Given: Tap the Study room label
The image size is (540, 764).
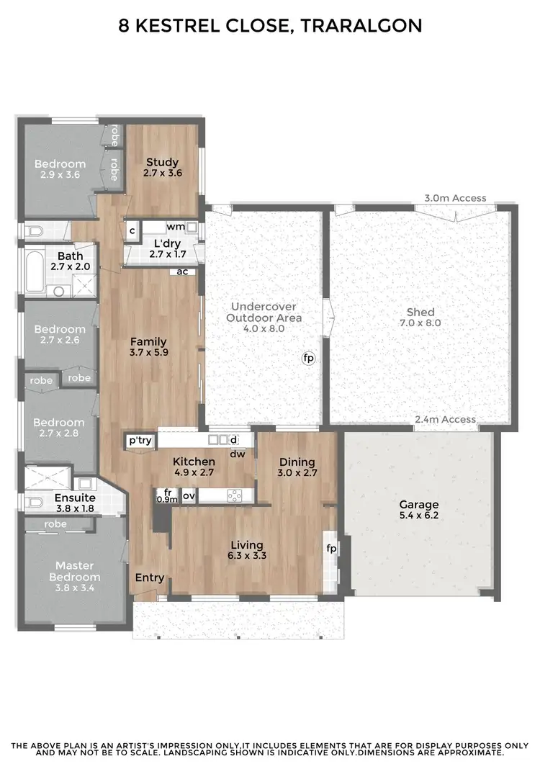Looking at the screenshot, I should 162,162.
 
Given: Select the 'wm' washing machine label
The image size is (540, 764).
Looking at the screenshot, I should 175,227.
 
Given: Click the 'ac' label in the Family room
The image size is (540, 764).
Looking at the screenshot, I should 182,271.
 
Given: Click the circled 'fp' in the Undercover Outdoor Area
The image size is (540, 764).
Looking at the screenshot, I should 309,357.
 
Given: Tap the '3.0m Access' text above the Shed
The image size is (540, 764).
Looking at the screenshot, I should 455,198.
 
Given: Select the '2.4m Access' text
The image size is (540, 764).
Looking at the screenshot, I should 445,420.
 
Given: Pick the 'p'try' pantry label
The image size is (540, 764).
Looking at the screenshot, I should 140,441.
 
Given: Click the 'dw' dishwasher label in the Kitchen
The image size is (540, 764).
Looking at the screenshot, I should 237,454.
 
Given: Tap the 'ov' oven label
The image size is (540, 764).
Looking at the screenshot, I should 188,495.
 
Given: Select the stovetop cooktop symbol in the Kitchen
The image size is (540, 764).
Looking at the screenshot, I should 233,495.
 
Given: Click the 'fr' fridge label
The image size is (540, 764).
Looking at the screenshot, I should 167,492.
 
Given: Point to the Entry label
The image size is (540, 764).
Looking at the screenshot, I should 150,578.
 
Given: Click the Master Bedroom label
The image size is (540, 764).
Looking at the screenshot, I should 75,571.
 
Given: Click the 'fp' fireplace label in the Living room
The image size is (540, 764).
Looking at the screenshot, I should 332,549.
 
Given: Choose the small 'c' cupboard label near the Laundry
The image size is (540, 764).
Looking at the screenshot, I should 132,230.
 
